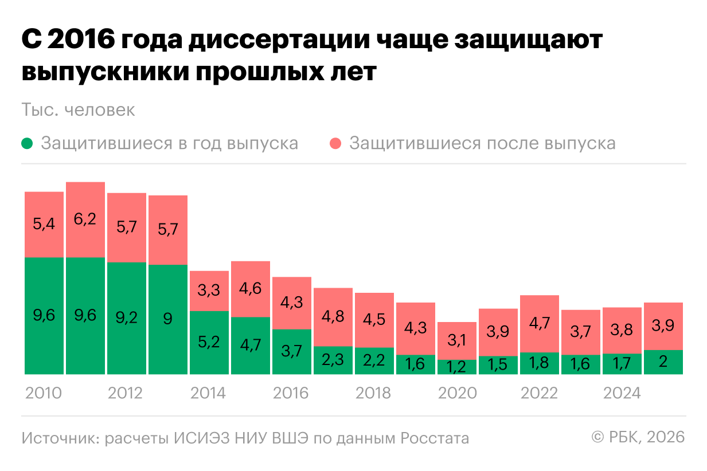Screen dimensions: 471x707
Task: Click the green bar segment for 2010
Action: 44,316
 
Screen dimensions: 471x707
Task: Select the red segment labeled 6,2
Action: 85,219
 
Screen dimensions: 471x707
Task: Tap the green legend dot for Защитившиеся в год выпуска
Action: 28,143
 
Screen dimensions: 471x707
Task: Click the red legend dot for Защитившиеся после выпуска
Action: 337,143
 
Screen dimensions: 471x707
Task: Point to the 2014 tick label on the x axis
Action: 208,393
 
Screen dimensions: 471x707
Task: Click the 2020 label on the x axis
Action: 457,393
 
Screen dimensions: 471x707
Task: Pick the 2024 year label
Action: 622,393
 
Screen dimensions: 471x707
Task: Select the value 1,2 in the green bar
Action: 457,367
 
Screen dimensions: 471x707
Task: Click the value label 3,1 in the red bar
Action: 457,341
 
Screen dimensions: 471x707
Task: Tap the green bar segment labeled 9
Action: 167,319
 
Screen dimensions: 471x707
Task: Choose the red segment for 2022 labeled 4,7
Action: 540,324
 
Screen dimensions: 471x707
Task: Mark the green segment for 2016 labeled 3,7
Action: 292,352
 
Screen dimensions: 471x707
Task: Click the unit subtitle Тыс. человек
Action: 78,110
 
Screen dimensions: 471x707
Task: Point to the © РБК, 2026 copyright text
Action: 638,437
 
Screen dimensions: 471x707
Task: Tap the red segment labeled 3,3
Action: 209,291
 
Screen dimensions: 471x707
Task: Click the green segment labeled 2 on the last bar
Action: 663,362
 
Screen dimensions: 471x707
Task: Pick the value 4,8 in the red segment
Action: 333,317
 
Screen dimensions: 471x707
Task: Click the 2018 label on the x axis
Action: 373,393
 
